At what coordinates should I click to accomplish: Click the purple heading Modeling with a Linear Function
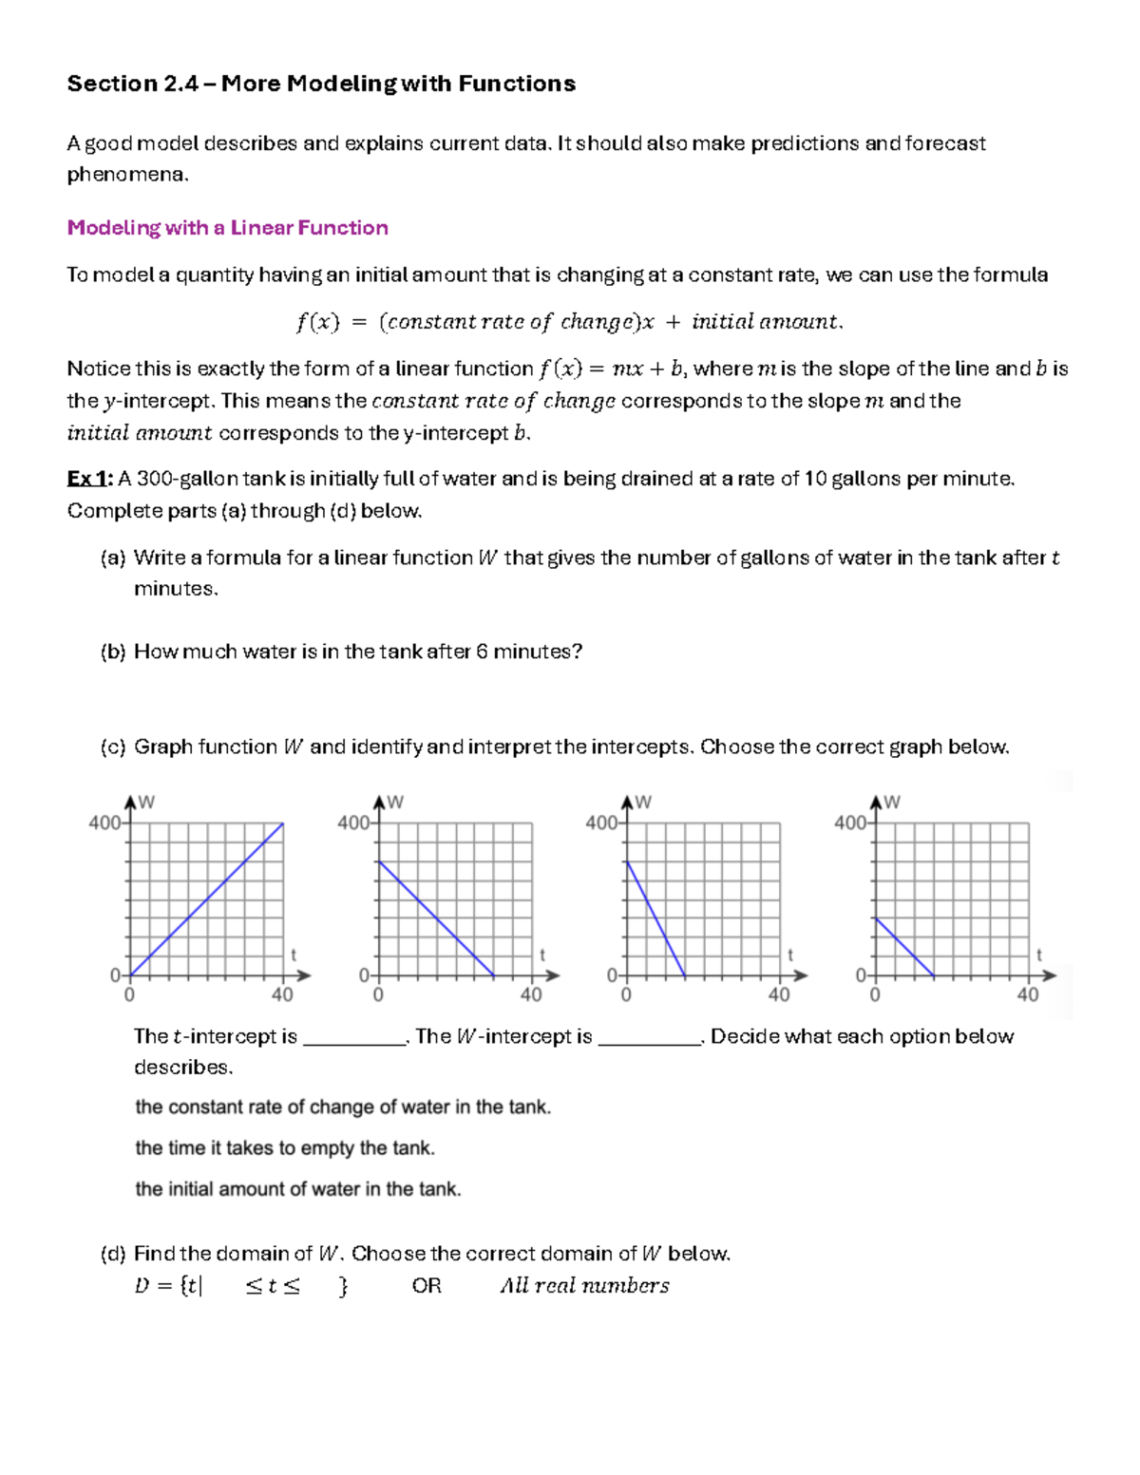227,228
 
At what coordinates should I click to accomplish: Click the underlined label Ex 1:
89,479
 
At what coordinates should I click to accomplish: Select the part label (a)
112,558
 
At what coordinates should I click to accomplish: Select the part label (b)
112,652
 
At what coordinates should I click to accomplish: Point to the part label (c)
112,747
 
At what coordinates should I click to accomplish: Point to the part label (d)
112,1254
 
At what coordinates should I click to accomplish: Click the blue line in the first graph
207,898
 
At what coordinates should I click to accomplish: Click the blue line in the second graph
436,918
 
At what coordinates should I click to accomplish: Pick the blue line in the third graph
655,918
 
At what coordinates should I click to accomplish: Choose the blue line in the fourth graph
904,947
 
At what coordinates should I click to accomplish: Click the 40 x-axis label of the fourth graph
1028,995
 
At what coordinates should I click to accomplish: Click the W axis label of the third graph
644,803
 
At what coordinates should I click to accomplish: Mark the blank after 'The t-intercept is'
354,1037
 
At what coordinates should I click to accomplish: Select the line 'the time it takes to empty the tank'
285,1148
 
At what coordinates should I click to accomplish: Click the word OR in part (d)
427,1286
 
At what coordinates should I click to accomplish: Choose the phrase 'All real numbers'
584,1286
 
